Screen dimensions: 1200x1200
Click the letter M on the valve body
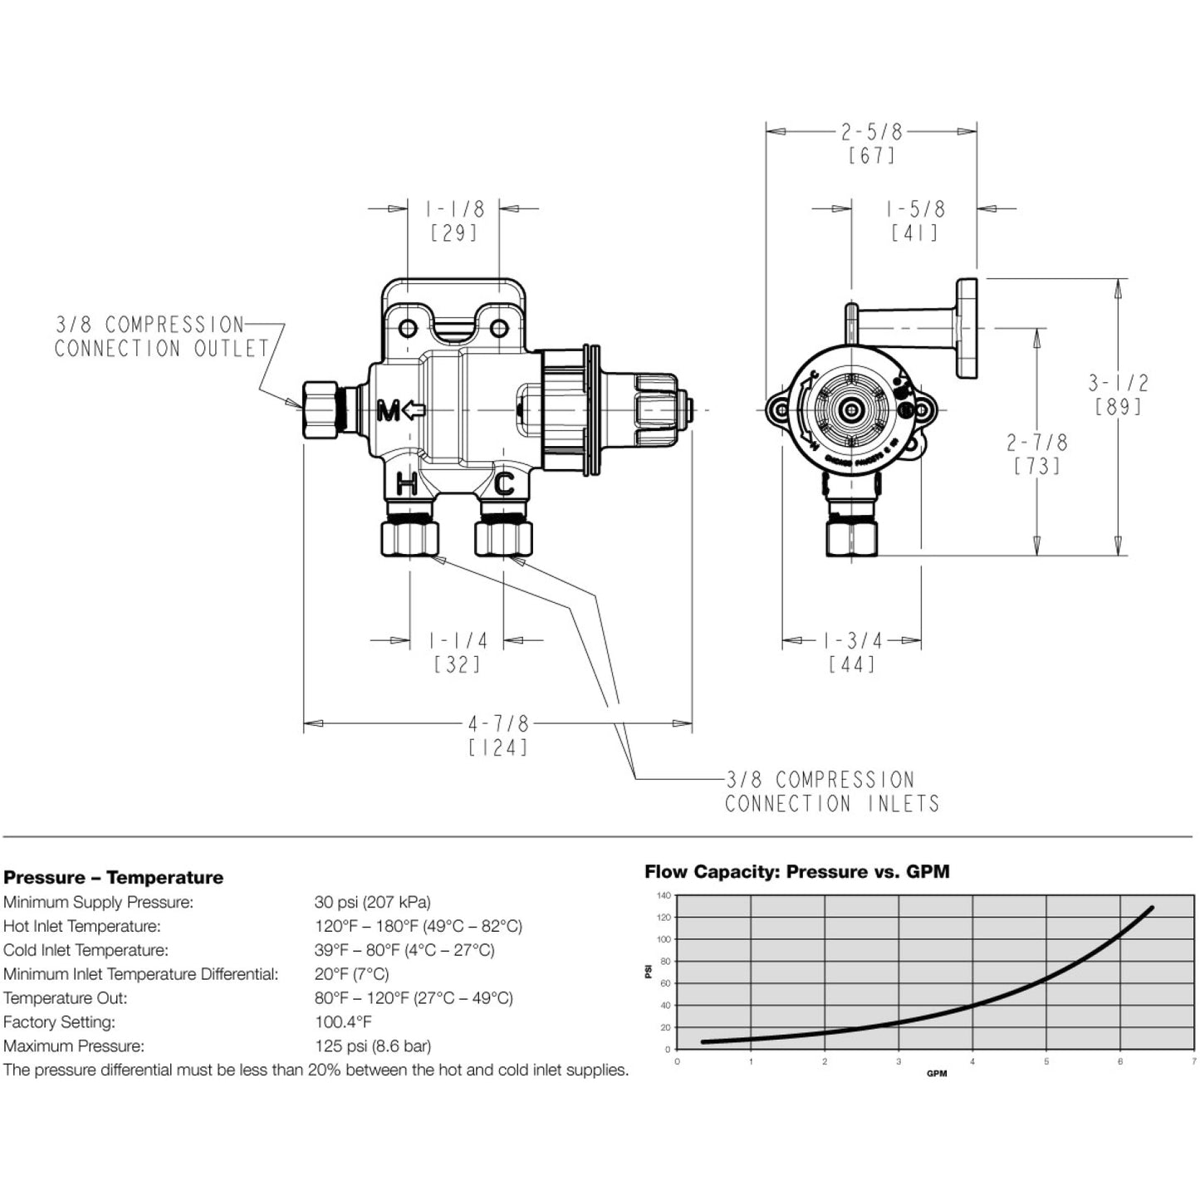(389, 410)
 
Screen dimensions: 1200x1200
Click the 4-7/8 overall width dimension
(498, 723)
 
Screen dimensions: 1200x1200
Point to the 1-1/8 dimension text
(454, 208)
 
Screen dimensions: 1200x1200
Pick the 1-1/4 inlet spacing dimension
(458, 640)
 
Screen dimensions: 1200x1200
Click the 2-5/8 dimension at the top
(871, 131)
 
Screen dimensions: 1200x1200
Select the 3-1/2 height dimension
(1119, 383)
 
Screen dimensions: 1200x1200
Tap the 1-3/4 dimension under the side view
(852, 640)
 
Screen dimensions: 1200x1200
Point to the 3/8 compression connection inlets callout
(831, 791)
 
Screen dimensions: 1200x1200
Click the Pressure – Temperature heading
(114, 878)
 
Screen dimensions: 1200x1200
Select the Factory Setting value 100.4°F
(343, 1022)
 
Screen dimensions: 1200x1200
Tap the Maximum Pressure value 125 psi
(372, 1046)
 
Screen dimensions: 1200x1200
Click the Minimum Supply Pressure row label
(98, 902)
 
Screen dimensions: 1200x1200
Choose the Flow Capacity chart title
(796, 871)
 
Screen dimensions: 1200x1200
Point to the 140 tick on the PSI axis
(663, 895)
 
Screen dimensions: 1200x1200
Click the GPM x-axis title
(936, 1074)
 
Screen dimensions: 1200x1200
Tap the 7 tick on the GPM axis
(1193, 1061)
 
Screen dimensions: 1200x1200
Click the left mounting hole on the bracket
(408, 329)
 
